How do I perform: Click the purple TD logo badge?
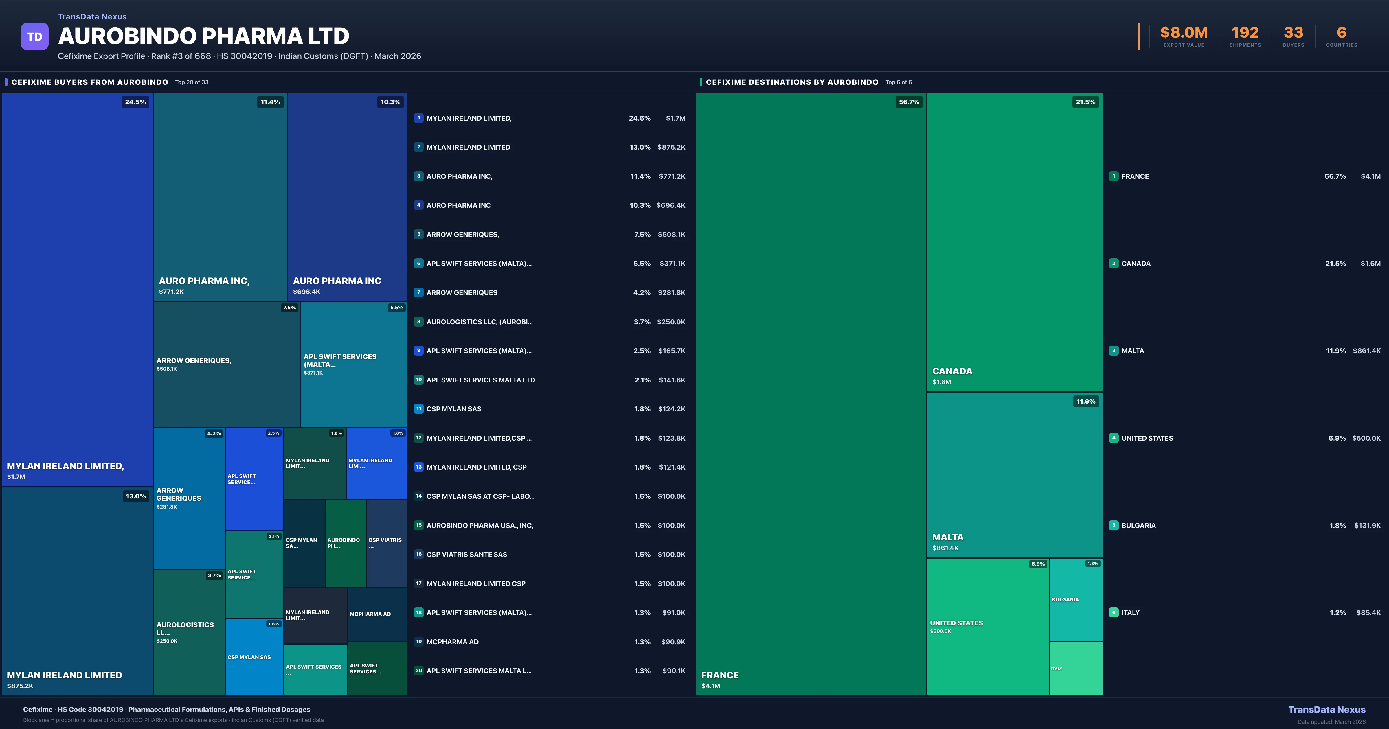tap(34, 37)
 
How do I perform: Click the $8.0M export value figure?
tap(1184, 33)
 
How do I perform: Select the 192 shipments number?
tap(1245, 33)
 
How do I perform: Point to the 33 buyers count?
tap(1293, 33)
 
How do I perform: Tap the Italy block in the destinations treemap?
tap(1076, 669)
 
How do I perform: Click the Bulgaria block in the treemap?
tap(1076, 600)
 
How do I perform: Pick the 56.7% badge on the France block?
tap(909, 102)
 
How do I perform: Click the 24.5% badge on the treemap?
tap(135, 102)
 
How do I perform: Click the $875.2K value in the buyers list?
tap(671, 147)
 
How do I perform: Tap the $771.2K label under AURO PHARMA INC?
tap(172, 292)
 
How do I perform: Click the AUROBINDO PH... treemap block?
tap(346, 543)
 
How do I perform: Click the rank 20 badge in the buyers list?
tap(418, 671)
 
